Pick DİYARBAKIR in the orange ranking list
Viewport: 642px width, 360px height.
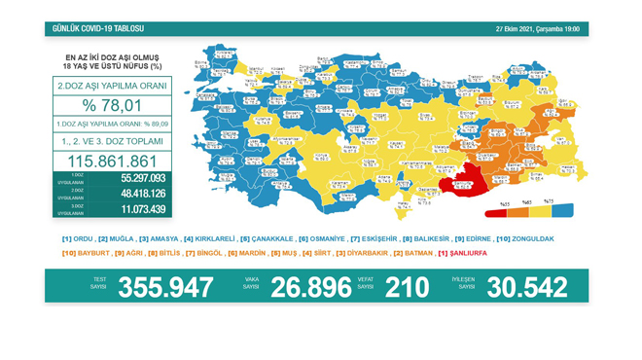(367, 253)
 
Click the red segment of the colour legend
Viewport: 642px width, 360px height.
(506, 210)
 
